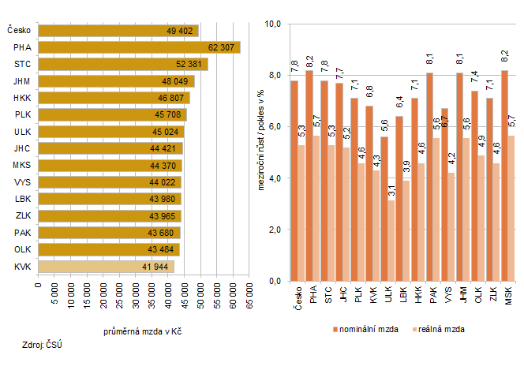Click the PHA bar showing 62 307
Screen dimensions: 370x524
click(x=139, y=47)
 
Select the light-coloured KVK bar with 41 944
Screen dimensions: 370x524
click(x=106, y=267)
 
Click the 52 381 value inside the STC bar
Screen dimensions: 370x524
click(x=190, y=65)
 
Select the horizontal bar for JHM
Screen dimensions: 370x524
click(x=116, y=81)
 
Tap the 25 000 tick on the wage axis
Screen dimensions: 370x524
click(x=119, y=299)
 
